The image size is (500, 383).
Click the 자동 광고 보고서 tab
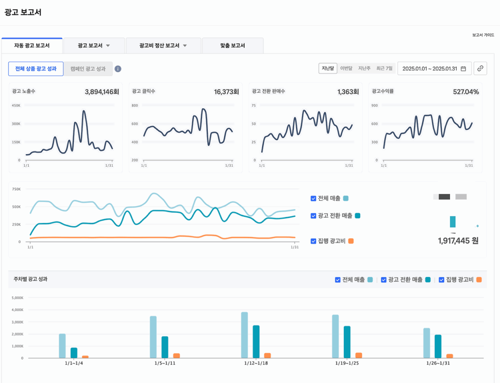[x=32, y=46]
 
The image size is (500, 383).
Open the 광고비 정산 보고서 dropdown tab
[x=163, y=46]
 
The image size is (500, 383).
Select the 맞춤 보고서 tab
[x=233, y=46]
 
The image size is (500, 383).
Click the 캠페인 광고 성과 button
[x=88, y=69]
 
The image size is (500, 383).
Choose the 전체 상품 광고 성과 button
[x=36, y=69]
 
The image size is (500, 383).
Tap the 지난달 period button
[x=328, y=69]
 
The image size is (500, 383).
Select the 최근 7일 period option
[x=384, y=69]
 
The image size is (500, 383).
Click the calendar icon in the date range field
[x=463, y=69]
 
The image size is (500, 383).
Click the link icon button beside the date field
[x=480, y=69]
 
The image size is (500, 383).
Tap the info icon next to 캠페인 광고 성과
[x=118, y=69]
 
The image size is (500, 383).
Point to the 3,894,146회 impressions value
[x=101, y=92]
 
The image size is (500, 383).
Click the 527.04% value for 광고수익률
[x=466, y=92]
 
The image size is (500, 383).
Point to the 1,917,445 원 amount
[x=458, y=241]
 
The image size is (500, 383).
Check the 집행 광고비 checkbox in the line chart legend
[x=314, y=241]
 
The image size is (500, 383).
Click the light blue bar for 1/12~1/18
[x=244, y=335]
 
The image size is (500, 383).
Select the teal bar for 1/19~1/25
[x=347, y=342]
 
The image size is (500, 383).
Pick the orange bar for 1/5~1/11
[x=177, y=356]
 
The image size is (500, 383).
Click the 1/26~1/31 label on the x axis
[x=438, y=364]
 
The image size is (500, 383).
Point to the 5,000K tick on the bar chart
[x=17, y=297]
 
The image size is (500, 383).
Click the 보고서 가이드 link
[x=483, y=35]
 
